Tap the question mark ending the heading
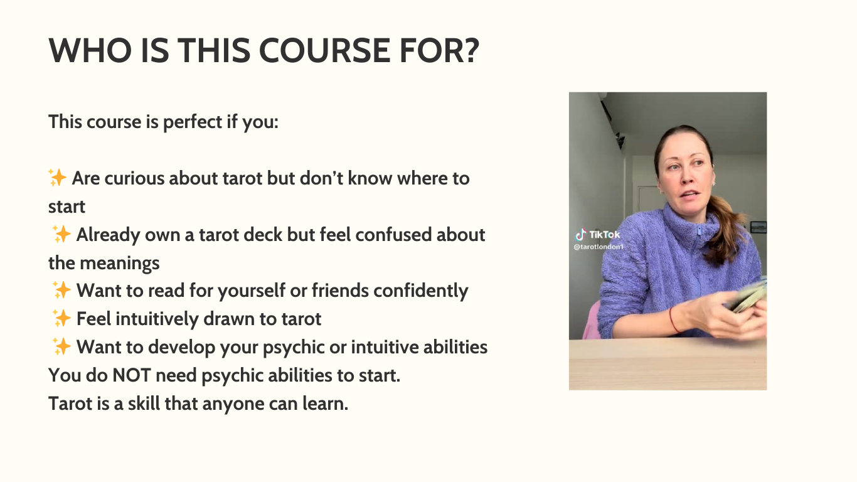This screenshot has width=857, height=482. (467, 50)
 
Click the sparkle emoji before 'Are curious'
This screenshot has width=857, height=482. (58, 178)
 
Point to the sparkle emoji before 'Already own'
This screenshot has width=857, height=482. (61, 235)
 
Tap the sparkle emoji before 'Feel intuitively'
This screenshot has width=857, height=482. (61, 319)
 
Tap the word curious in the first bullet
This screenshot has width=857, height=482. (134, 178)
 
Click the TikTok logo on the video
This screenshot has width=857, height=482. (598, 235)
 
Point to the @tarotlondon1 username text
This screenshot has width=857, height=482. (599, 247)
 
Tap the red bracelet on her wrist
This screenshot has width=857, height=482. (673, 319)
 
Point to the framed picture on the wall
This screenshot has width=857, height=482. (759, 227)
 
